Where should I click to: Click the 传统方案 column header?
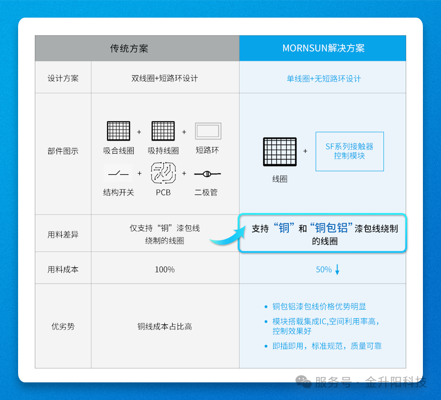(x=129, y=48)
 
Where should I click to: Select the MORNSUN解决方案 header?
(x=324, y=48)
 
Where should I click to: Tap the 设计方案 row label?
(x=63, y=78)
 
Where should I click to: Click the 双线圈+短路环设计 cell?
(x=164, y=78)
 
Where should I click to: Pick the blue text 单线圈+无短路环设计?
(x=324, y=79)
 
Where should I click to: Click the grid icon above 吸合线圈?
(x=119, y=131)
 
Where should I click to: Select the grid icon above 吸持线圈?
(x=163, y=131)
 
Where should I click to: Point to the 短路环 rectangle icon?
(x=208, y=131)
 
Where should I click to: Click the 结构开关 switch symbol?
(x=118, y=174)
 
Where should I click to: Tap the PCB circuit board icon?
(x=163, y=173)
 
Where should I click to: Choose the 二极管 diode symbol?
(x=208, y=174)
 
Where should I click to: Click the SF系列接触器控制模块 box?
(x=350, y=151)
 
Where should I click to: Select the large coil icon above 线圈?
(x=280, y=152)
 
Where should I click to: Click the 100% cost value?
(x=165, y=270)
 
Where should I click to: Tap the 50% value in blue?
(x=324, y=270)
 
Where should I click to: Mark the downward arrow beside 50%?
(x=337, y=269)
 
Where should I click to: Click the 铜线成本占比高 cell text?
(x=164, y=326)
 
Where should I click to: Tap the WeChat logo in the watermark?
(x=304, y=382)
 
